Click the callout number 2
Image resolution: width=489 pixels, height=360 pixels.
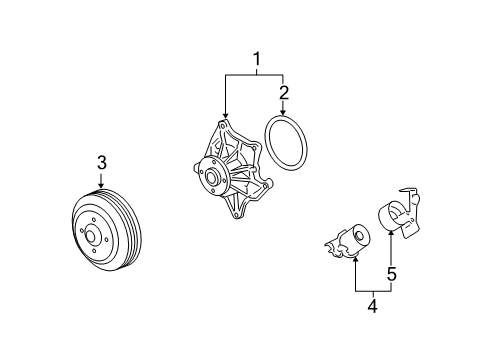285,94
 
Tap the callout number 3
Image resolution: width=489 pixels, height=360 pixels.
101,162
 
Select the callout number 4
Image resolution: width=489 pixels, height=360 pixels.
372,309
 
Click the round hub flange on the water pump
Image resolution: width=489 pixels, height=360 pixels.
210,177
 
